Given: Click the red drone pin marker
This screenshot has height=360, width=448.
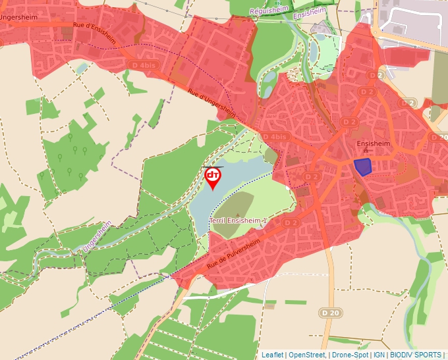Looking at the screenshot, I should click(x=212, y=177).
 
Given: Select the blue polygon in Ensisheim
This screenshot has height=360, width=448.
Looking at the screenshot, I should click(x=362, y=166).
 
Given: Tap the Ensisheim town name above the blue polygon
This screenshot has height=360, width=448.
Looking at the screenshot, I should click(x=373, y=143).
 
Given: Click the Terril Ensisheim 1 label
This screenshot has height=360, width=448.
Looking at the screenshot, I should click(x=238, y=220).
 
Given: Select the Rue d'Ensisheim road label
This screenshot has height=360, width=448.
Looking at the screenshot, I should click(x=95, y=36).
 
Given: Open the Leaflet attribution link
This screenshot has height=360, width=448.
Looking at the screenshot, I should click(x=272, y=355).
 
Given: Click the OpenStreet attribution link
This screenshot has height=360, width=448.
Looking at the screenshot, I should click(x=307, y=355).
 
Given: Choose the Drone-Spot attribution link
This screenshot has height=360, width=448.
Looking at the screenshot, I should click(x=350, y=355).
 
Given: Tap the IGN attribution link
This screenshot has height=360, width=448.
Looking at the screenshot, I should click(x=379, y=355).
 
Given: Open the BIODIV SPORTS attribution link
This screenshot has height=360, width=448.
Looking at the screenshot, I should click(x=416, y=355).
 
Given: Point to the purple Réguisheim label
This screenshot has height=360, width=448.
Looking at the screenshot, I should click(x=268, y=11).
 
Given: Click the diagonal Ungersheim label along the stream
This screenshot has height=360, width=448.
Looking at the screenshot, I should click(x=94, y=237).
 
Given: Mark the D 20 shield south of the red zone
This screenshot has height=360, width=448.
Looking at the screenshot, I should click(x=332, y=312).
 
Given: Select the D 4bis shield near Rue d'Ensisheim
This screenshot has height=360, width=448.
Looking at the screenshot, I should click(x=143, y=65).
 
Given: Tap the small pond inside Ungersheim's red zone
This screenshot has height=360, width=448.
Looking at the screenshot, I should click(x=81, y=67).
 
